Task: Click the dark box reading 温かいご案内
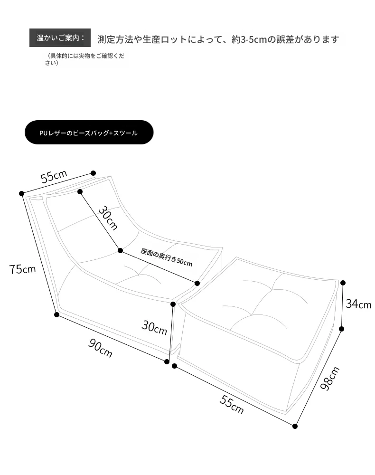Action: point(60,38)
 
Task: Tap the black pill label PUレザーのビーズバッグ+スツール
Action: point(89,133)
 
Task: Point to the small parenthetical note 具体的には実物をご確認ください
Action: point(85,59)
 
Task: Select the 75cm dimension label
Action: point(22,269)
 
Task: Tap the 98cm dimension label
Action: point(330,378)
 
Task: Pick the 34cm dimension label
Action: point(358,304)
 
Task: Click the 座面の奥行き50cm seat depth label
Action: point(167,257)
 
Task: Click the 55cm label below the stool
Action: point(232,404)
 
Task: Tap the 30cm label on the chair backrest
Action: point(108,218)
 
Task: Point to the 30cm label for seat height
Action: point(154,327)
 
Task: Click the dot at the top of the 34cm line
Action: point(343,283)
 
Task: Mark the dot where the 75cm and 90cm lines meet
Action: point(56,314)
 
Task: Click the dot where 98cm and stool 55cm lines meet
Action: point(295,426)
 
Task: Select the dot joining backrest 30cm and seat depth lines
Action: point(121,250)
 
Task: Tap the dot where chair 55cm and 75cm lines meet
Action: point(21,193)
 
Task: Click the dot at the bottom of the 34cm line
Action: point(342,329)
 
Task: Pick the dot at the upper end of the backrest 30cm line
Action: point(80,192)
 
